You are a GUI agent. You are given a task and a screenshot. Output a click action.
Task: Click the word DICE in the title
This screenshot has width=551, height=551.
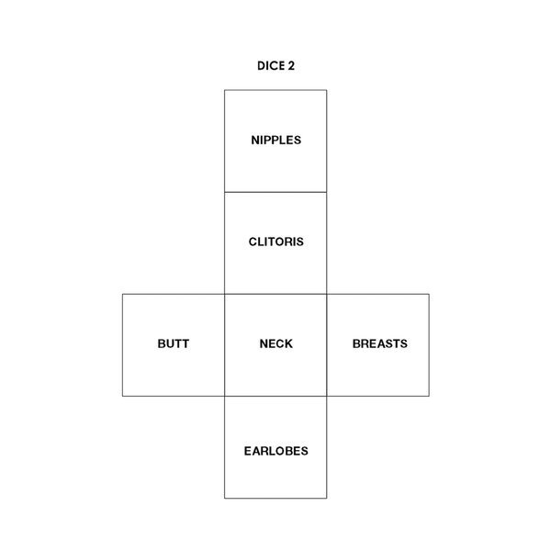pyautogui.click(x=271, y=66)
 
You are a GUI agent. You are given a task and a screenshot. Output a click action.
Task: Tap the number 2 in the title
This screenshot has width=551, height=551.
pyautogui.click(x=291, y=66)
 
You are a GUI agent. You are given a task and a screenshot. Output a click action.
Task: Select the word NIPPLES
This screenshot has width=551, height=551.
pyautogui.click(x=275, y=141)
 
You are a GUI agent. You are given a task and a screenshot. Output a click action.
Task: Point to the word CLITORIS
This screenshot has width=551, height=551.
pyautogui.click(x=275, y=242)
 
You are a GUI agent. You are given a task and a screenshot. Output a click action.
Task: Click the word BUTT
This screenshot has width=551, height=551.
pyautogui.click(x=174, y=343)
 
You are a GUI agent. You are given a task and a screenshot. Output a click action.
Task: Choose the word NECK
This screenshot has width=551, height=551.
pyautogui.click(x=275, y=343)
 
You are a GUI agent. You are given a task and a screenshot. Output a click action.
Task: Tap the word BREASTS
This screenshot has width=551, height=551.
pyautogui.click(x=380, y=343)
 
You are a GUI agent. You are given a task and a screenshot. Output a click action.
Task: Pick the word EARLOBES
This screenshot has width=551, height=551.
pyautogui.click(x=275, y=451)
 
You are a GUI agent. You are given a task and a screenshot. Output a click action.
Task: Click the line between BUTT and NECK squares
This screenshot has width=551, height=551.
pyautogui.click(x=225, y=345)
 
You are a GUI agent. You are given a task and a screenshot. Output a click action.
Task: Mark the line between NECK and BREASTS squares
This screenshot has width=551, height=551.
pyautogui.click(x=327, y=345)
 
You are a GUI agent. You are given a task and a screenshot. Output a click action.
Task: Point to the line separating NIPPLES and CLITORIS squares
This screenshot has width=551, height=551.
pyautogui.click(x=275, y=192)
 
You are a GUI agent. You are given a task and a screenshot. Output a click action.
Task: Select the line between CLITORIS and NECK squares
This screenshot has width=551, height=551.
pyautogui.click(x=275, y=294)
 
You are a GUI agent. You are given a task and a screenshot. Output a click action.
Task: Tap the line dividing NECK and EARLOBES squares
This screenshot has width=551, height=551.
pyautogui.click(x=275, y=397)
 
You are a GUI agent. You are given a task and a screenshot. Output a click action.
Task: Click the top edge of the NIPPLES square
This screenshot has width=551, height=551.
pyautogui.click(x=275, y=90)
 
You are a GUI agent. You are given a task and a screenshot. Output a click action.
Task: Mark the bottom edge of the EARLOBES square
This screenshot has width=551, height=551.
pyautogui.click(x=275, y=499)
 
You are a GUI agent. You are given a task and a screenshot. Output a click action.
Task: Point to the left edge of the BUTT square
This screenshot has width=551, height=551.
pyautogui.click(x=123, y=345)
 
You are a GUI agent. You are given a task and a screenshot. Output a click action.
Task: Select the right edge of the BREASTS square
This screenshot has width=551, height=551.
pyautogui.click(x=429, y=345)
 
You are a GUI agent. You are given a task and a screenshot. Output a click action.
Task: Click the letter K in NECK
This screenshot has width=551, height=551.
pyautogui.click(x=288, y=343)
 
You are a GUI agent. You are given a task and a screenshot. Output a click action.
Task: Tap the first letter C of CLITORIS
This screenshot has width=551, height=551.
pyautogui.click(x=253, y=242)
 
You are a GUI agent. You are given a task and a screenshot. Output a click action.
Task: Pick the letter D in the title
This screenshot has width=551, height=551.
pyautogui.click(x=261, y=66)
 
